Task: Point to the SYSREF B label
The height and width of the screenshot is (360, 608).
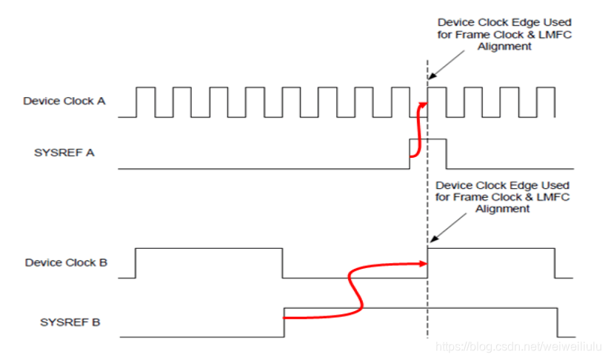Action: [70, 322]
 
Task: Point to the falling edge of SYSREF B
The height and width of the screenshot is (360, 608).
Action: [557, 322]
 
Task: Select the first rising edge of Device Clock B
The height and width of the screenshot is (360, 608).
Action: [136, 262]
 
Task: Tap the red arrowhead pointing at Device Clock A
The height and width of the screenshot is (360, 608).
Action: [424, 104]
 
